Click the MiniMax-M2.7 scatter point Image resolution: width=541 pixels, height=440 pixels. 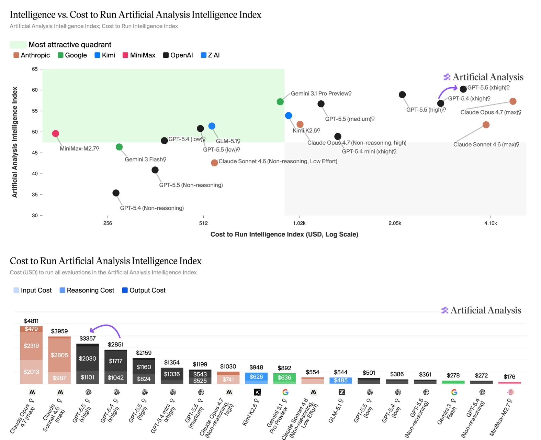56,133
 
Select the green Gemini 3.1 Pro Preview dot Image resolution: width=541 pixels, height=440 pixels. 280,102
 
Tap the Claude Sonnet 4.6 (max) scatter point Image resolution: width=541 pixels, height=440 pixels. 486,125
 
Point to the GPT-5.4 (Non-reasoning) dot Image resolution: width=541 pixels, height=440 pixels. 116,193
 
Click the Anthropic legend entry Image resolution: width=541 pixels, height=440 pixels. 32,55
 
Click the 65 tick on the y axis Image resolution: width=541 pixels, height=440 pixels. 35,69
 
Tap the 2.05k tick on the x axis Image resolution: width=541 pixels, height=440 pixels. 395,223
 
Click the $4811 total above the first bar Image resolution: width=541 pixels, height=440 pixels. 31,321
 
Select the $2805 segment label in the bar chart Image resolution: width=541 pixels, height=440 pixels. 59,355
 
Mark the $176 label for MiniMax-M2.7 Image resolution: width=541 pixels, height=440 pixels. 509,377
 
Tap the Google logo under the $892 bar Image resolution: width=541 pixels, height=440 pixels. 285,392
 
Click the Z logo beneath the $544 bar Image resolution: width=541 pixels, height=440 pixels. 341,392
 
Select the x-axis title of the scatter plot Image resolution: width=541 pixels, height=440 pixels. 284,234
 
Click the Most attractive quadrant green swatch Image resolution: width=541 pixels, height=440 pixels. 18,45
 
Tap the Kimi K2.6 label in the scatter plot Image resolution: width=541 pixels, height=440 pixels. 306,131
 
